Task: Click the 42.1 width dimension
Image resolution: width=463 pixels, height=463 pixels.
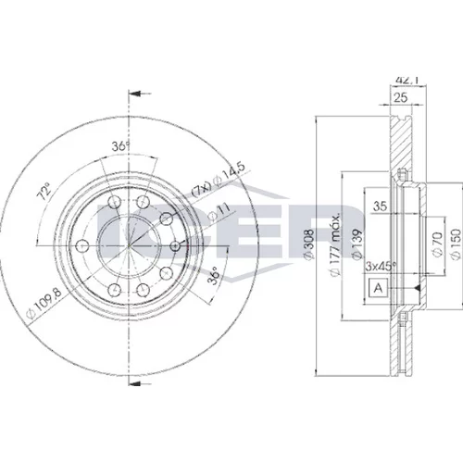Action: point(407,81)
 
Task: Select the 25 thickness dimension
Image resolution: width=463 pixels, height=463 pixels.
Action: point(401,98)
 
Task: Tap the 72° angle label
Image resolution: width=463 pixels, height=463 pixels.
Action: point(44,192)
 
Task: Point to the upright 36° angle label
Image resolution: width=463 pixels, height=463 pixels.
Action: point(120,145)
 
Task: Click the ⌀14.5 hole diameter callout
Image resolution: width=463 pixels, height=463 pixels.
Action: point(219,180)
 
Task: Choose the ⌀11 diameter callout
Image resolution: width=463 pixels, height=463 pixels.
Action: point(219,213)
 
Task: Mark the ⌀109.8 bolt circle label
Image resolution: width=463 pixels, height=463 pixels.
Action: point(44,303)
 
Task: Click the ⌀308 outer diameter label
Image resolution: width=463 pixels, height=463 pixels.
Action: point(309,244)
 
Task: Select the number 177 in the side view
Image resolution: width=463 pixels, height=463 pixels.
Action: point(335,254)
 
